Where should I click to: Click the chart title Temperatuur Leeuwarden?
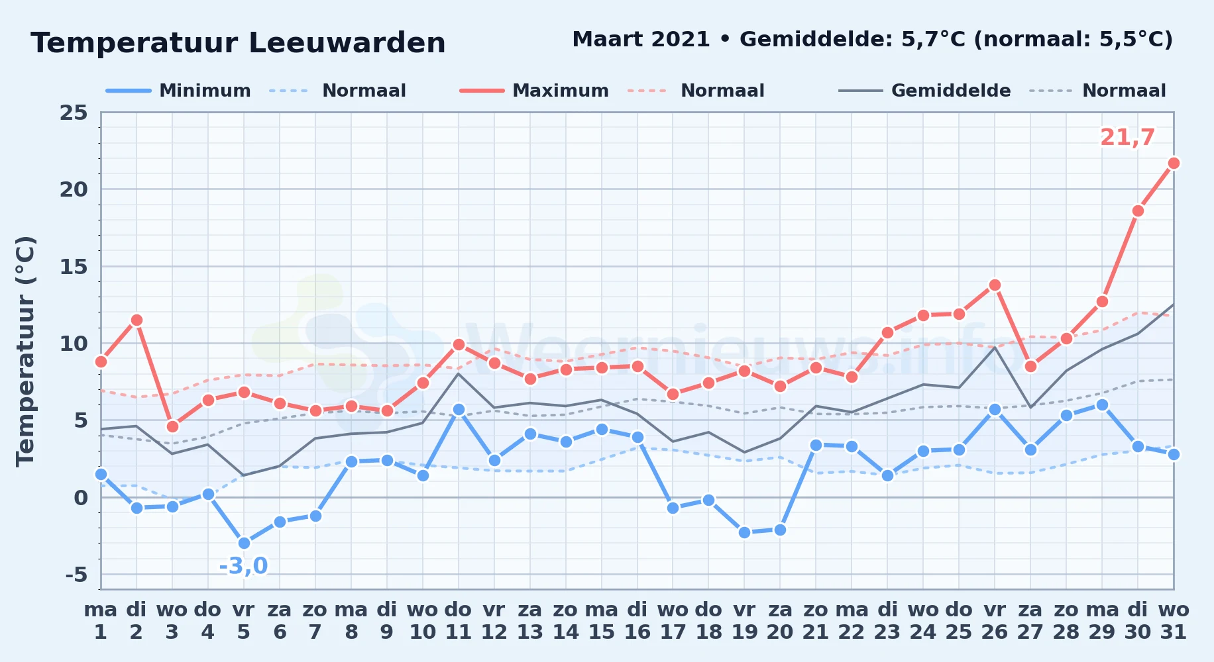(238, 43)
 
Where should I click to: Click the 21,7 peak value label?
(1127, 138)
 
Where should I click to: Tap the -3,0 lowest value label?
(243, 566)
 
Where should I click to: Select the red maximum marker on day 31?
(1174, 163)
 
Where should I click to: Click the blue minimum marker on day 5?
(244, 543)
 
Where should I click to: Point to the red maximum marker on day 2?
(137, 320)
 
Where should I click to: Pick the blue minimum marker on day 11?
(459, 409)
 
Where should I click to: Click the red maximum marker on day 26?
(995, 285)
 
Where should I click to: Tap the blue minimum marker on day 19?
(744, 532)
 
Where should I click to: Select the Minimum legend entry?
(179, 91)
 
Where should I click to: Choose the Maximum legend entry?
(534, 91)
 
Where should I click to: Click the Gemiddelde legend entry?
(925, 91)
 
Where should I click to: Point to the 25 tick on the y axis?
(74, 113)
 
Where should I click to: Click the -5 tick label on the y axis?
(76, 574)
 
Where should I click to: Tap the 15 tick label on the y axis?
(74, 266)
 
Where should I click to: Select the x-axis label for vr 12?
(494, 620)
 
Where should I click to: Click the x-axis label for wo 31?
(1174, 620)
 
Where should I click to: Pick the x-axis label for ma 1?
(101, 620)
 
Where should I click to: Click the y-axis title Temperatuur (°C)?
(25, 351)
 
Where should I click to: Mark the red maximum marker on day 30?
(1138, 211)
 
